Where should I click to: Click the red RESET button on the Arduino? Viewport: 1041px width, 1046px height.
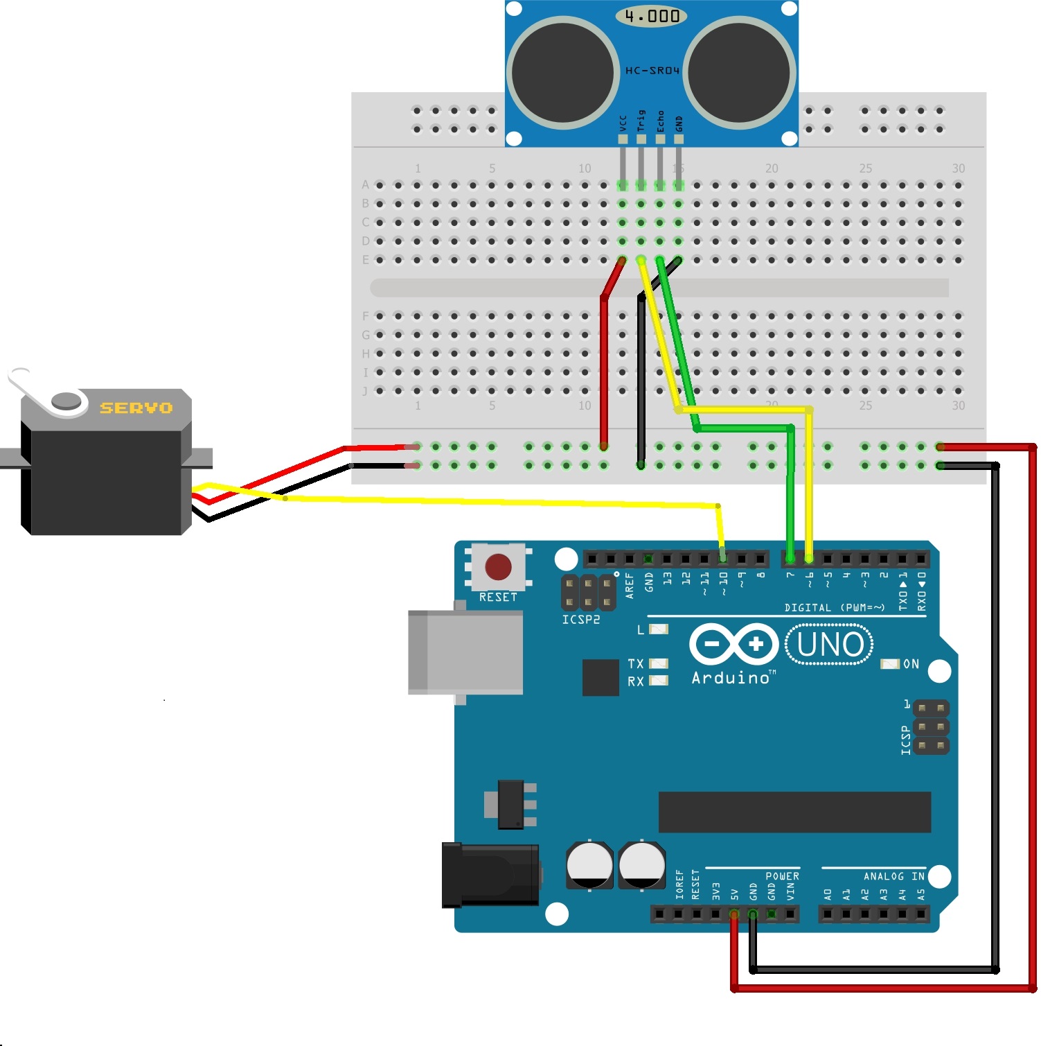[498, 566]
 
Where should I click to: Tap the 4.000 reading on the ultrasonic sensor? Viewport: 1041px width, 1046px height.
[652, 16]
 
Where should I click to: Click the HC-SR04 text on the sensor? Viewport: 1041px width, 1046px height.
[652, 71]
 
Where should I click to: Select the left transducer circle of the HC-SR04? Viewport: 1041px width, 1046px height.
[563, 73]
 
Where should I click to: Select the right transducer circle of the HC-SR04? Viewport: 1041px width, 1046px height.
[740, 73]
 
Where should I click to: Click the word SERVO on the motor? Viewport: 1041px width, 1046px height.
[136, 408]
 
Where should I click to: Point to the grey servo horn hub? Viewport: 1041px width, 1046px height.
[67, 401]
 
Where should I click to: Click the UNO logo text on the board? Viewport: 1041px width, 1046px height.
[830, 645]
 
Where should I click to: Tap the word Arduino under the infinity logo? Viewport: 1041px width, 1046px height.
[731, 678]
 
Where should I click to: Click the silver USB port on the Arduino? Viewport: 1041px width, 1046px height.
[465, 652]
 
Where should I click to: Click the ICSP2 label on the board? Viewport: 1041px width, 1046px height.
[580, 620]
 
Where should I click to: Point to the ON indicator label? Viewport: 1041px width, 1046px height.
[911, 664]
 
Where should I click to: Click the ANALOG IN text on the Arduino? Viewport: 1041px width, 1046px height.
[893, 876]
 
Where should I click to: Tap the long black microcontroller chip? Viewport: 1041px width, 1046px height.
[794, 812]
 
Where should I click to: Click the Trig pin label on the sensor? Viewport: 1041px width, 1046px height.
[641, 121]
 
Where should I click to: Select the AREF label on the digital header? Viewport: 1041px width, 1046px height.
[630, 585]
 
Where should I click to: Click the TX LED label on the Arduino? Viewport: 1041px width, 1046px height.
[636, 663]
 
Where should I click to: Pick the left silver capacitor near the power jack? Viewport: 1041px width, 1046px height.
[589, 864]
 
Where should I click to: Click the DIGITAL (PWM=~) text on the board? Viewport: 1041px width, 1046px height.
[834, 607]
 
